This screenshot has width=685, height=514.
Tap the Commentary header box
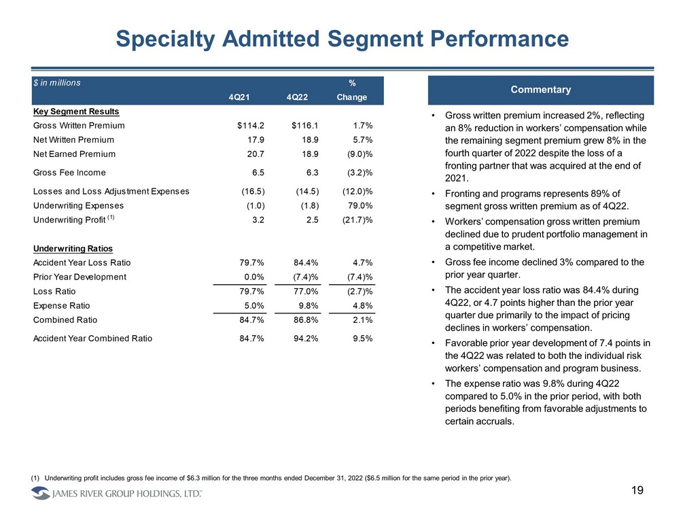[541, 90]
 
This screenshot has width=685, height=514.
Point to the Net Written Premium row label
[73, 140]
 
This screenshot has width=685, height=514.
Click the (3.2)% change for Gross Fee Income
[357, 173]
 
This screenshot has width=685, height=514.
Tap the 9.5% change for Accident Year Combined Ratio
[364, 339]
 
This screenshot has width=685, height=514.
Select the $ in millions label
[58, 83]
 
